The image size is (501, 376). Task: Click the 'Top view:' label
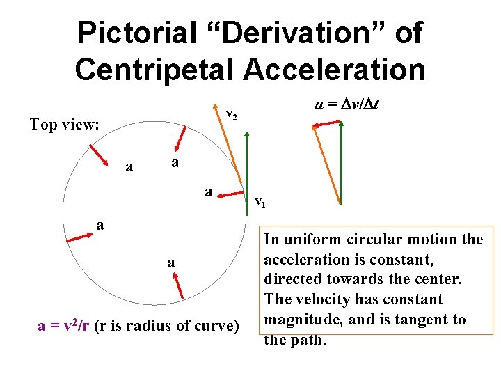tap(65, 125)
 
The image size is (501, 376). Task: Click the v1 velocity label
tap(259, 203)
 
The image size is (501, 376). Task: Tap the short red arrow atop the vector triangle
tap(326, 124)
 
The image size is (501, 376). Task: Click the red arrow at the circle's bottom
tap(178, 285)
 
